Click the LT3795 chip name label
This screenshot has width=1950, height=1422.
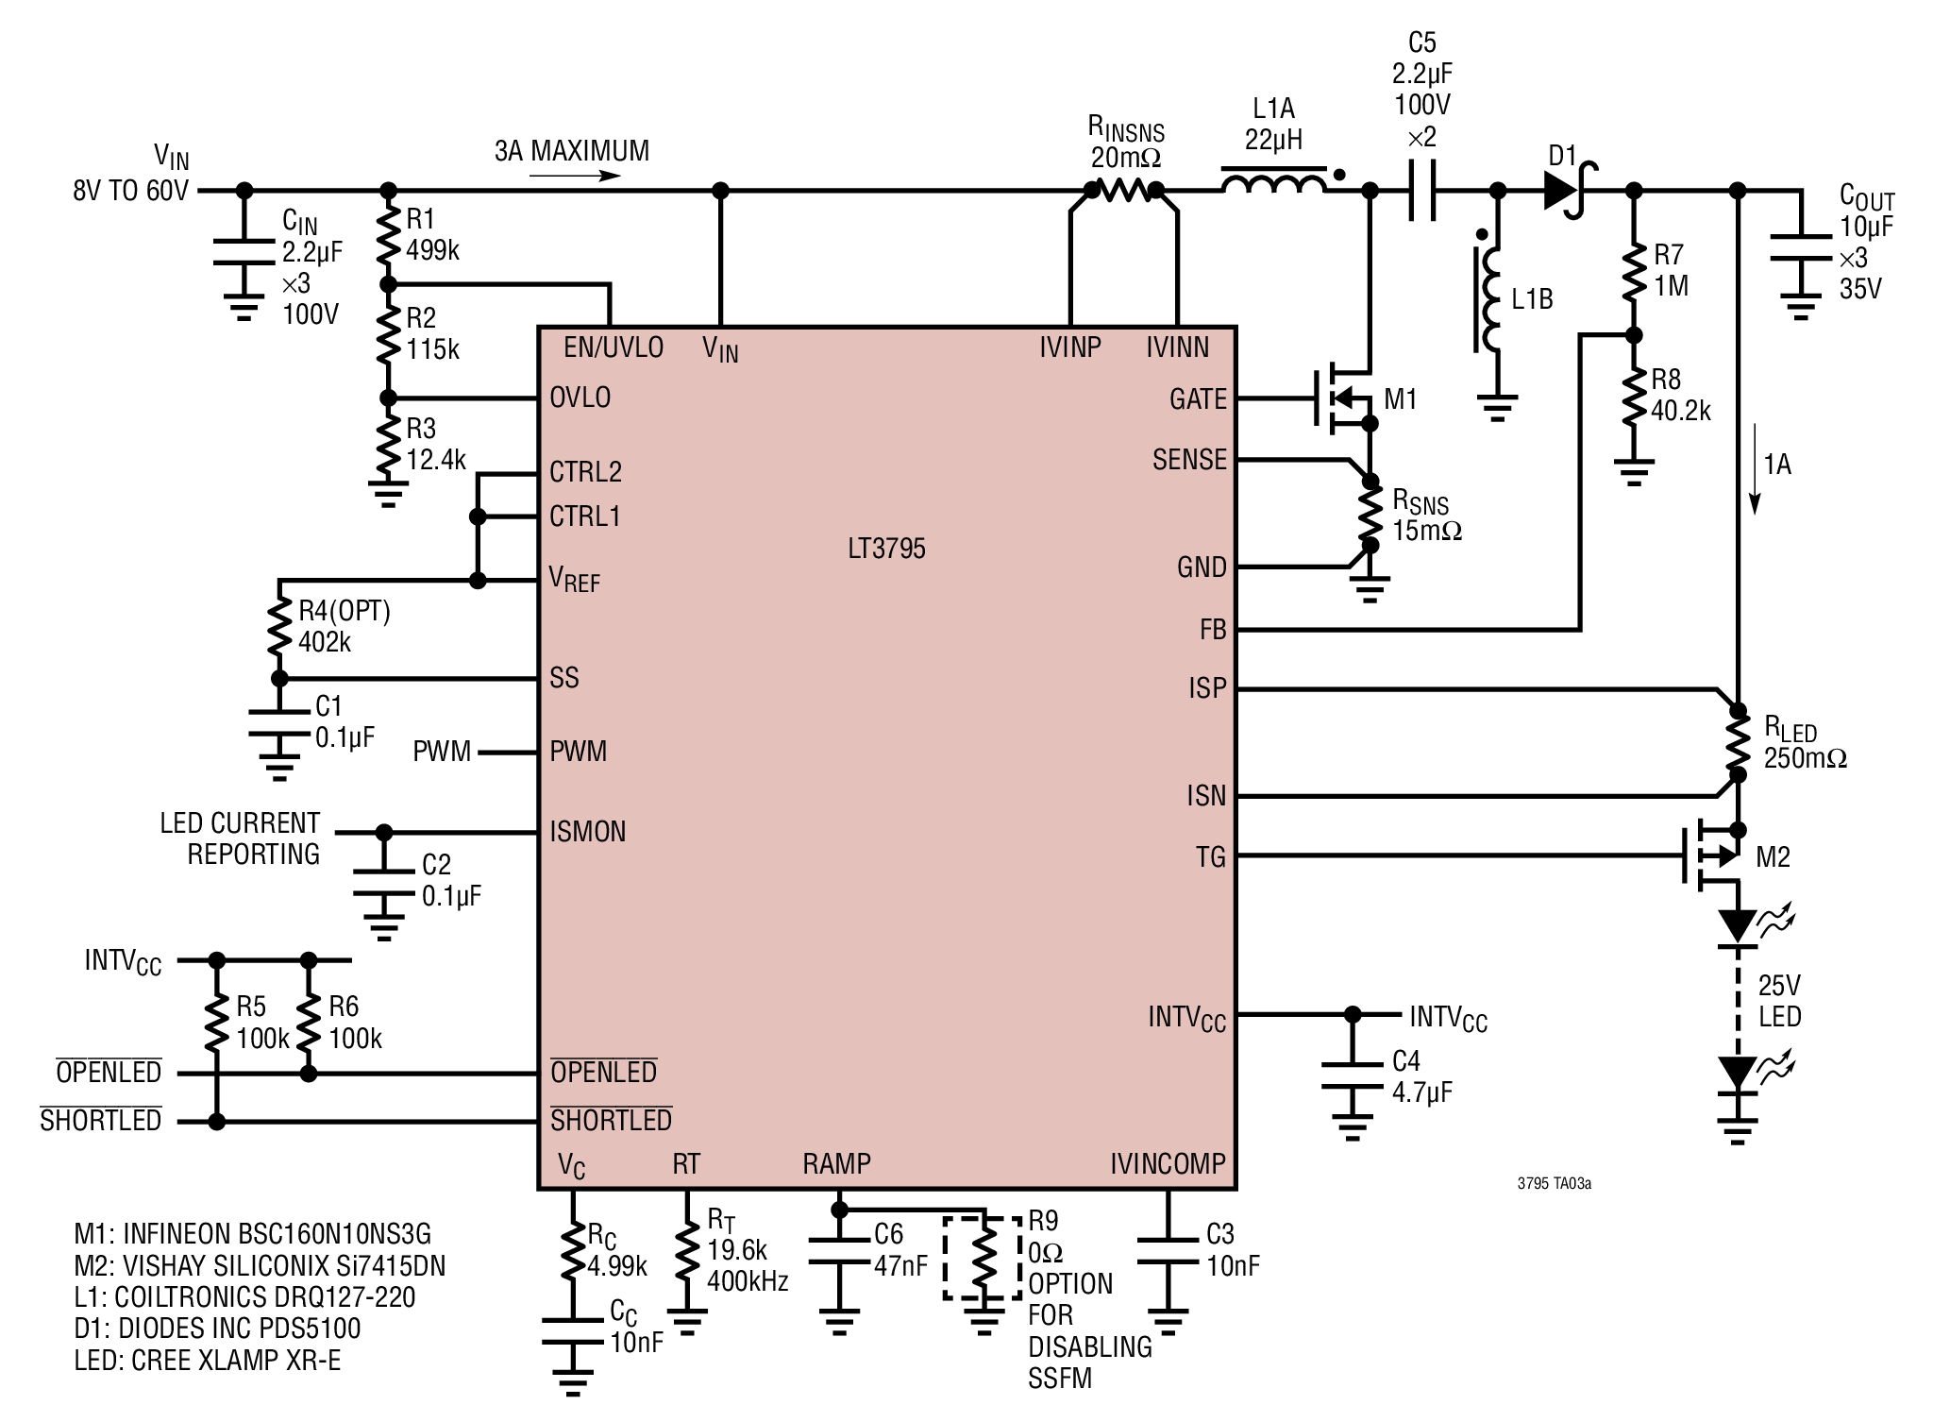pyautogui.click(x=886, y=549)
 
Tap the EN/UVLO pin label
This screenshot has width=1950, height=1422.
pyautogui.click(x=614, y=347)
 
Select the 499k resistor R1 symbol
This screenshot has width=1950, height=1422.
pyautogui.click(x=387, y=236)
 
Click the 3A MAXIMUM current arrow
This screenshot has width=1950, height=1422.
pyautogui.click(x=575, y=176)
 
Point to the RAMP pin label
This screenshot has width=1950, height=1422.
pyautogui.click(x=836, y=1163)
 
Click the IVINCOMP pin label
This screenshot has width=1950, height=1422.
pyautogui.click(x=1168, y=1163)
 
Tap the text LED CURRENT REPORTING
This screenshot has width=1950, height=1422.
pyautogui.click(x=240, y=838)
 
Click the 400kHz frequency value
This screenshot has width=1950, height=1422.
pyautogui.click(x=748, y=1281)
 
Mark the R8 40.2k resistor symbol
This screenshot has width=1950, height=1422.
pyautogui.click(x=1635, y=399)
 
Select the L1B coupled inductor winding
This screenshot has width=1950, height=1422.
pyautogui.click(x=1488, y=300)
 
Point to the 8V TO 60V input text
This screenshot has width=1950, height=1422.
pyautogui.click(x=130, y=191)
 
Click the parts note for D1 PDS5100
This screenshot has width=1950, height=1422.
pyautogui.click(x=217, y=1329)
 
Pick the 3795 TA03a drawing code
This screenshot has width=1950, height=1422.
pyautogui.click(x=1555, y=1183)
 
